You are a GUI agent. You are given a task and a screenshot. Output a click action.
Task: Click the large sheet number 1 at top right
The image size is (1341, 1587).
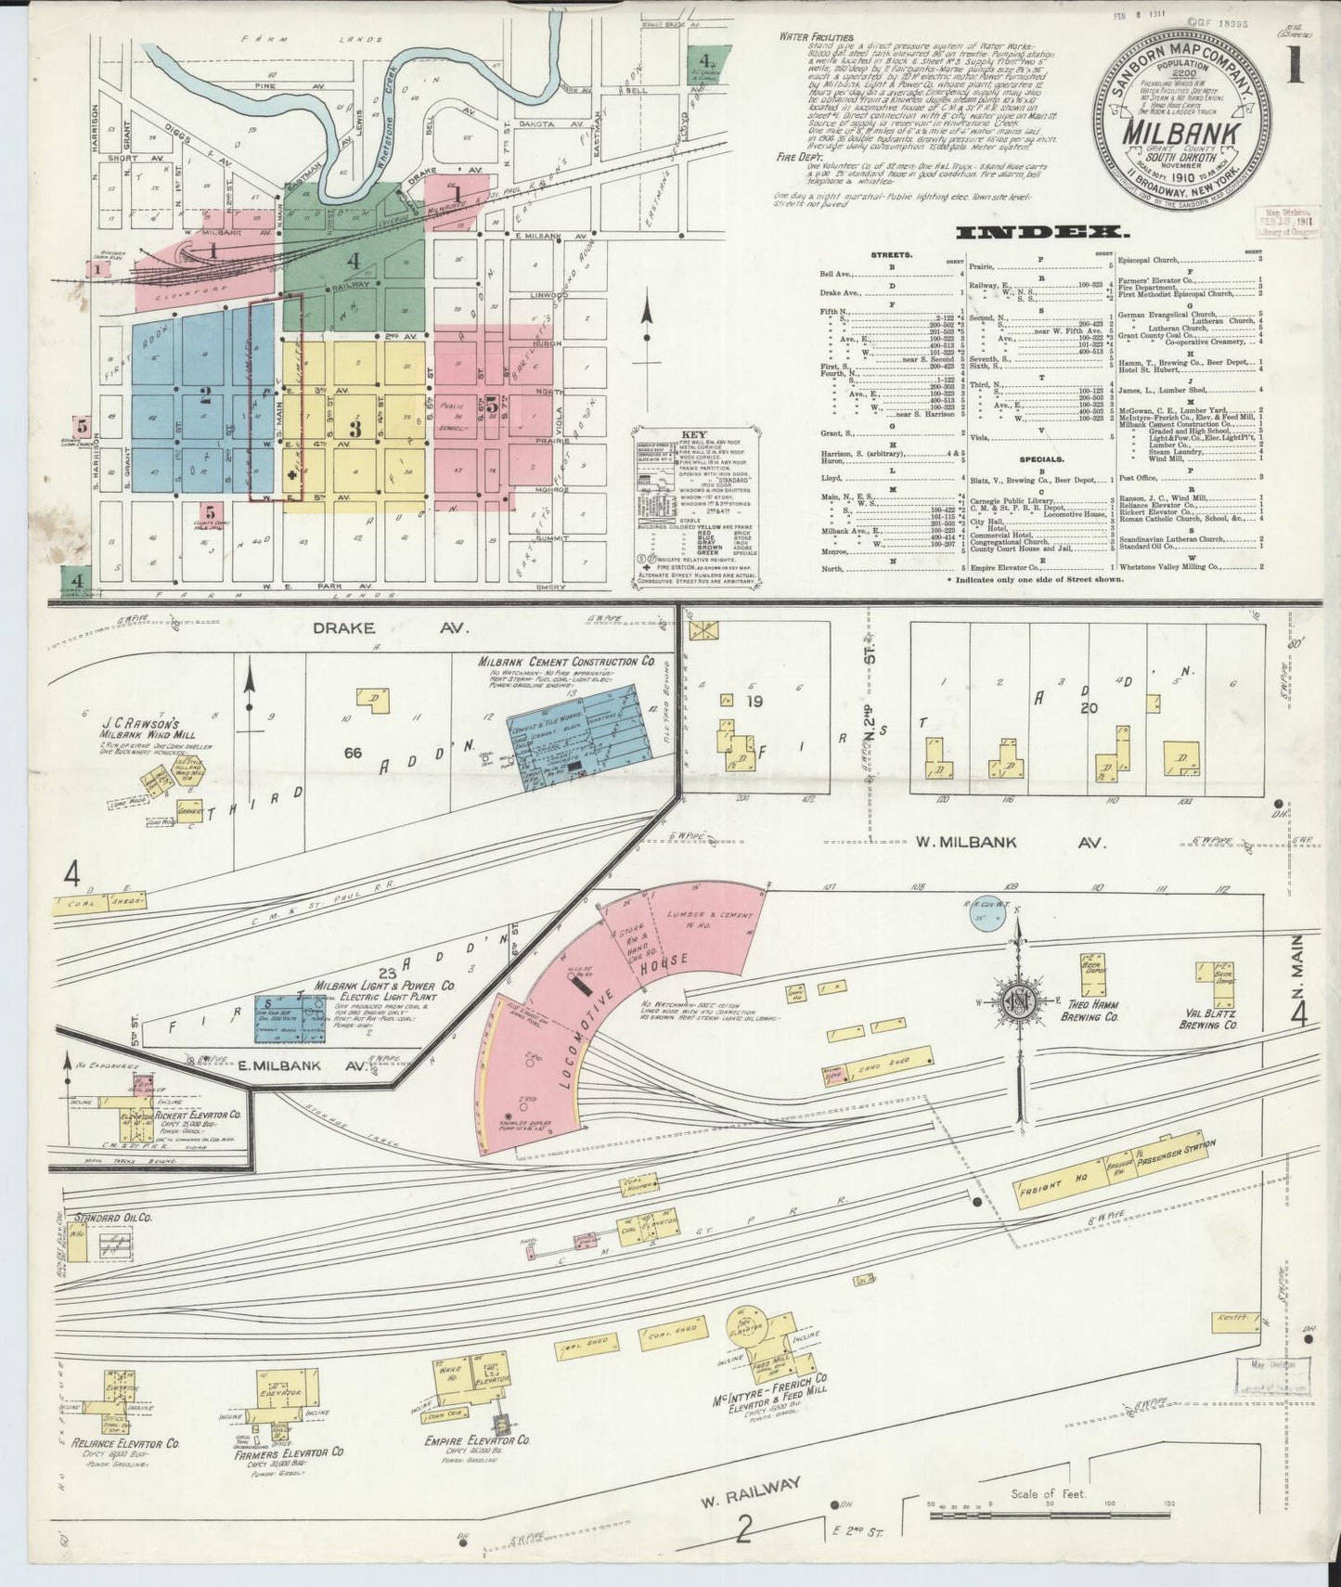coord(1293,70)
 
